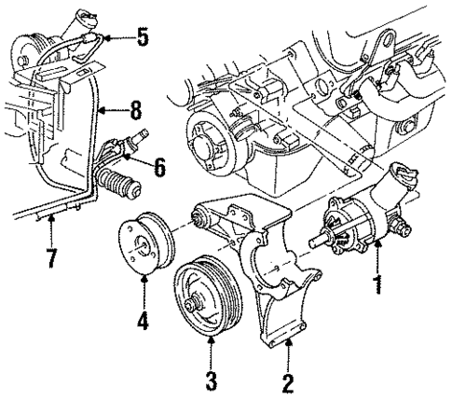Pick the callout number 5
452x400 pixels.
[x=141, y=40]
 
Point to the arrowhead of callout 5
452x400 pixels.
[x=105, y=39]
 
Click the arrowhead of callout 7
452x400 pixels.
[x=50, y=219]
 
